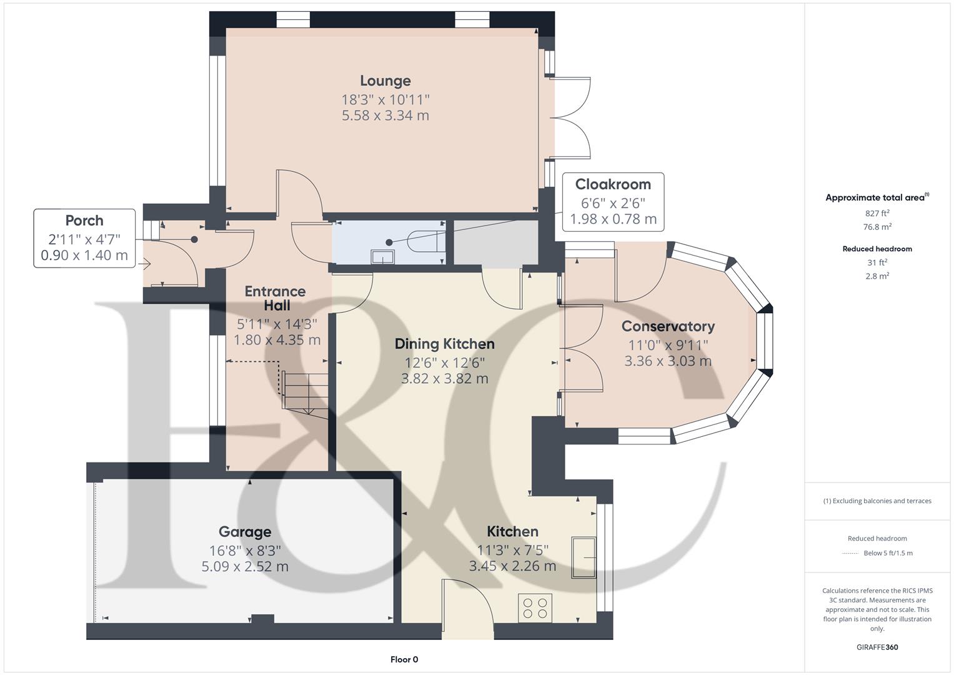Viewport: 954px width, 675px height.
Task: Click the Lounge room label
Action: tap(385, 81)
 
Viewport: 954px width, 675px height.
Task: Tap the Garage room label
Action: tap(244, 532)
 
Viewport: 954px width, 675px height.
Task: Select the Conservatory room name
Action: tap(668, 326)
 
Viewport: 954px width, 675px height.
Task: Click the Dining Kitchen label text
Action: tap(444, 344)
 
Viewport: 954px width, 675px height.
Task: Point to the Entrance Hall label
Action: tap(275, 298)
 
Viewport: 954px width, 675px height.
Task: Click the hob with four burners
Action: tap(535, 608)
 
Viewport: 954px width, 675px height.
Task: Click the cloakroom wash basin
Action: tap(382, 257)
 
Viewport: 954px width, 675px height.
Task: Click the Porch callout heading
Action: tap(84, 221)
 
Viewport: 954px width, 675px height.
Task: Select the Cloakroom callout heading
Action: tap(612, 184)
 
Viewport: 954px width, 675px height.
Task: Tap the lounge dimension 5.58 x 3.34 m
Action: tap(385, 116)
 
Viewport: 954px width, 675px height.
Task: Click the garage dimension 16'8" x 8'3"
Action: tap(244, 551)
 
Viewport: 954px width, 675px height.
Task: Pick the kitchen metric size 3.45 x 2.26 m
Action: tap(512, 566)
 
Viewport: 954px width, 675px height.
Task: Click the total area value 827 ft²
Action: tap(877, 213)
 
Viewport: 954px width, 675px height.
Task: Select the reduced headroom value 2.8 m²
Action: tap(877, 276)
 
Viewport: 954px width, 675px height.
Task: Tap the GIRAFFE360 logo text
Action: tap(877, 647)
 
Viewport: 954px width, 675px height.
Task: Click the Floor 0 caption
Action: tap(404, 659)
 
